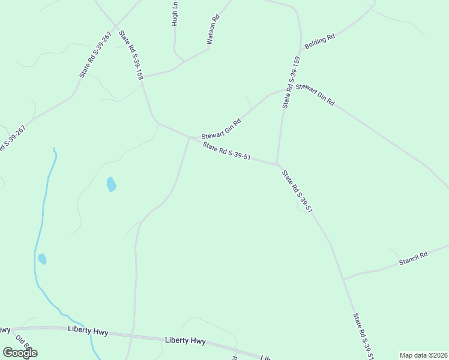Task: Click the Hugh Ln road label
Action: coord(175,13)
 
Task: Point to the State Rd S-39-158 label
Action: coord(131,56)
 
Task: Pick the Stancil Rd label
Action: coord(414,259)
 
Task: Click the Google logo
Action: coord(20,352)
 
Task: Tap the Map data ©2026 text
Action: coord(423,355)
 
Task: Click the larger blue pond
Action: coord(111,184)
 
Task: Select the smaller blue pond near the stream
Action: coord(42,259)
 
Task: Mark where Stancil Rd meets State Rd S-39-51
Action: coord(343,280)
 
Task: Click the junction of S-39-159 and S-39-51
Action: coord(276,163)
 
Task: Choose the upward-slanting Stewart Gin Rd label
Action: coord(221,128)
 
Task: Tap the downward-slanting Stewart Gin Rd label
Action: coord(315,95)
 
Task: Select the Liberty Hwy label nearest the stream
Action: coord(87,331)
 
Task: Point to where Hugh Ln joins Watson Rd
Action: coord(183,61)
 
